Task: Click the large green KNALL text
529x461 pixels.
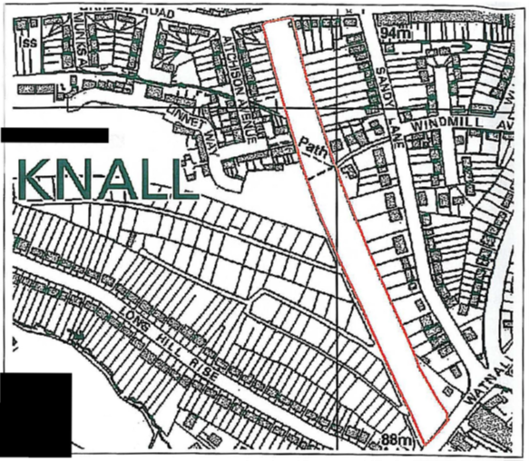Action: pos(106,179)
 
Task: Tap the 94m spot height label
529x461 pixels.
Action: pos(396,33)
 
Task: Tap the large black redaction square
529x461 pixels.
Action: pos(36,412)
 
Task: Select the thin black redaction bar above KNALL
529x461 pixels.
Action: pos(54,134)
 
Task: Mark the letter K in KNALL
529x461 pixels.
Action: pos(34,179)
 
